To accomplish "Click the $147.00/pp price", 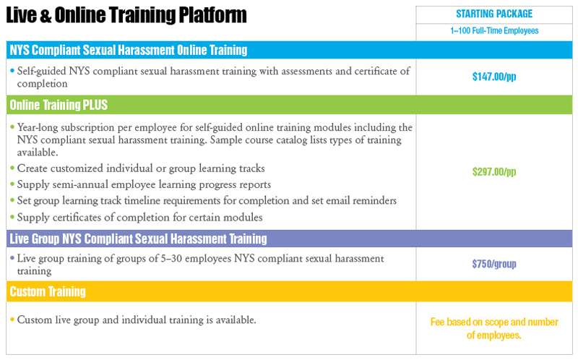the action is click(x=494, y=77).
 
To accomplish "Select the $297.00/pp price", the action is click(x=494, y=171).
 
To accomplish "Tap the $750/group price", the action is click(x=494, y=264).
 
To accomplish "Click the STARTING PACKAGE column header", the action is click(x=494, y=14).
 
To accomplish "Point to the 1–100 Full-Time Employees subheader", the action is click(x=494, y=30).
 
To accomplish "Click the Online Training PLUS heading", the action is click(x=59, y=105).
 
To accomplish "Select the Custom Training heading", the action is click(x=48, y=291).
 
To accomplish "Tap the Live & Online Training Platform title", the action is click(x=126, y=15).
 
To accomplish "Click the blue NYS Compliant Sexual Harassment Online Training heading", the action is click(x=129, y=50).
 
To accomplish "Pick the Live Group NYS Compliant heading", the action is click(x=138, y=239).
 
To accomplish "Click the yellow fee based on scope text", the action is click(x=494, y=328).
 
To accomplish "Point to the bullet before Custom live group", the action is click(x=12, y=319).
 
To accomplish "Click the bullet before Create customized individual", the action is click(x=12, y=168).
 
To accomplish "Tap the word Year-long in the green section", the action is click(x=38, y=128).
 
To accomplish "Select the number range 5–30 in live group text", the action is click(x=171, y=258).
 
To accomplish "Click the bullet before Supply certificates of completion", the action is click(x=12, y=217).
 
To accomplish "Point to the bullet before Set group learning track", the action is click(x=12, y=200).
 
